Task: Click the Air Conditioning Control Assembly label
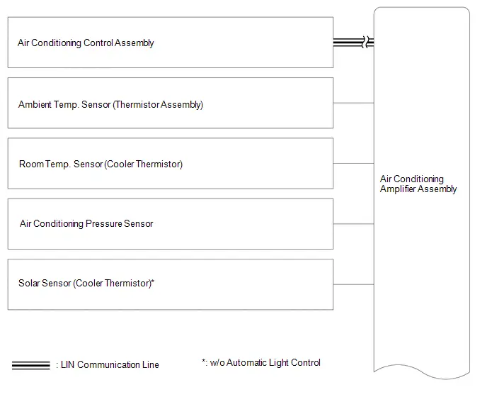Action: pyautogui.click(x=86, y=43)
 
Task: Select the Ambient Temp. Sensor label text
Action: pyautogui.click(x=110, y=104)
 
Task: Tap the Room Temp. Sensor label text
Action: pyautogui.click(x=101, y=164)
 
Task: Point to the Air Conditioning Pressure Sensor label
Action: pyautogui.click(x=86, y=224)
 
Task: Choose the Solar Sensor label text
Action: pyautogui.click(x=86, y=283)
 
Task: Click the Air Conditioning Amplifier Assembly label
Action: pyautogui.click(x=418, y=184)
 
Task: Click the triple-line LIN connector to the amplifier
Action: pyautogui.click(x=353, y=42)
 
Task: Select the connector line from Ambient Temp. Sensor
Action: pyautogui.click(x=353, y=103)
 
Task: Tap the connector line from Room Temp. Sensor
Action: pyautogui.click(x=353, y=163)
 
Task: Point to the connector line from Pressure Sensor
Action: pyautogui.click(x=353, y=224)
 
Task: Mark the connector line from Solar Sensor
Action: pyautogui.click(x=353, y=284)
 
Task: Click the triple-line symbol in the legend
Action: pyautogui.click(x=30, y=365)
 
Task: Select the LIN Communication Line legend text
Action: pyautogui.click(x=108, y=364)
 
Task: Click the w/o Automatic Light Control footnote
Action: pyautogui.click(x=261, y=363)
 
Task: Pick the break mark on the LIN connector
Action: pyautogui.click(x=365, y=42)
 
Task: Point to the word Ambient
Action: pyautogui.click(x=35, y=104)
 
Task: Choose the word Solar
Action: pyautogui.click(x=29, y=283)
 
